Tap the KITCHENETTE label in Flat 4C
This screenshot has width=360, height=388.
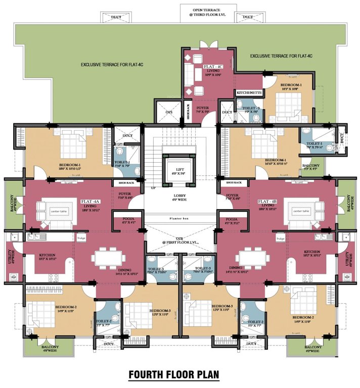point(249,93)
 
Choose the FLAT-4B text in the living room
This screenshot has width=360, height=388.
point(267,201)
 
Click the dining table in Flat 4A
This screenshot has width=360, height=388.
point(108,257)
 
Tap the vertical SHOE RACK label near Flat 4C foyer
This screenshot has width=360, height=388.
point(188,113)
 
